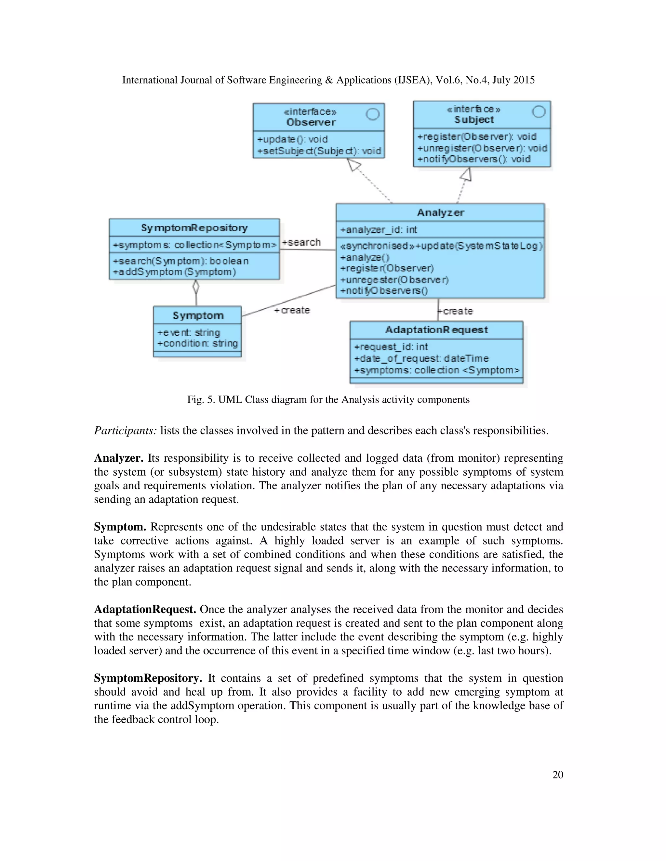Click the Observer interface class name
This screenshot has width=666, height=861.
(311, 122)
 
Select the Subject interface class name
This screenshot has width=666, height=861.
(474, 120)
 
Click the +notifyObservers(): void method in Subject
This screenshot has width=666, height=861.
(473, 159)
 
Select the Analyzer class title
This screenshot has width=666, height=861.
(440, 212)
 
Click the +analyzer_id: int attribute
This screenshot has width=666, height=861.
(379, 229)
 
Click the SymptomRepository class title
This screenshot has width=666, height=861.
(194, 228)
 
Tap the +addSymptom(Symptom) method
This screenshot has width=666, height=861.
(174, 272)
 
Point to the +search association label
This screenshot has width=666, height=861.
(301, 242)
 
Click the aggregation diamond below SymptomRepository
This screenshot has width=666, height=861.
(196, 287)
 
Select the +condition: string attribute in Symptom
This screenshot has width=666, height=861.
(197, 343)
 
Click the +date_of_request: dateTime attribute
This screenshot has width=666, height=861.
(421, 358)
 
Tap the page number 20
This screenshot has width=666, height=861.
(557, 775)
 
